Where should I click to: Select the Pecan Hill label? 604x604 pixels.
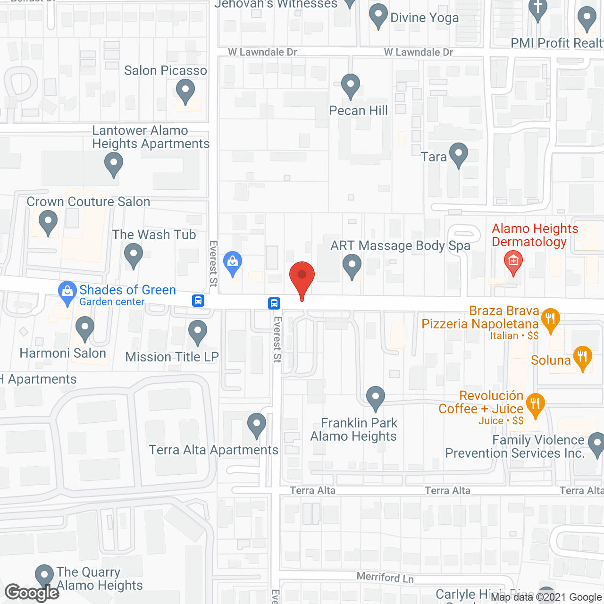[358, 110]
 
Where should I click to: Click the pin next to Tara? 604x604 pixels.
[458, 154]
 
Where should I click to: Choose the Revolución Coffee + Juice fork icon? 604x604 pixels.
[535, 404]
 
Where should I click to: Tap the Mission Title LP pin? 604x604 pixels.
[198, 331]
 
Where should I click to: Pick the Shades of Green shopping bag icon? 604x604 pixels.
[67, 292]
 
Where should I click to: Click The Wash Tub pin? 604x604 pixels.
[133, 254]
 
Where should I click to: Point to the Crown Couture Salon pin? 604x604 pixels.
[48, 221]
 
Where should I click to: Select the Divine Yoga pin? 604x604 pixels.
[378, 16]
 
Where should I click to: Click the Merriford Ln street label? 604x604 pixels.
[385, 577]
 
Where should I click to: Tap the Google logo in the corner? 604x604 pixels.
[32, 593]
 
